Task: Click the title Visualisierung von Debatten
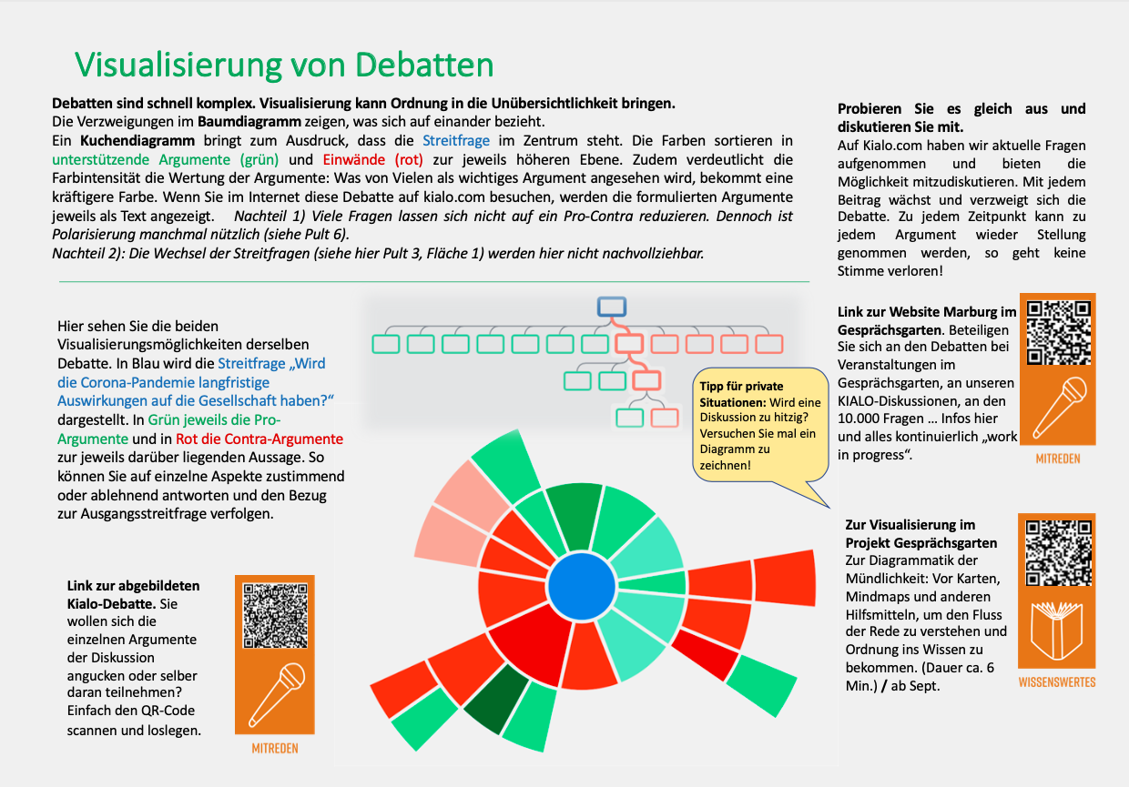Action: pos(284,65)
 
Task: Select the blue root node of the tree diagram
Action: pos(611,307)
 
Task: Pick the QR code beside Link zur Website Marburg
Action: pos(1059,333)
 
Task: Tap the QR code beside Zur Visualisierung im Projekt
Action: pos(1058,552)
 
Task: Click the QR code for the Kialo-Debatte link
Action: pos(274,615)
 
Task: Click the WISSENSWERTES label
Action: pos(1056,681)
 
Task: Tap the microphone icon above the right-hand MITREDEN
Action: pos(1059,407)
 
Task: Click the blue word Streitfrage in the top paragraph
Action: pos(456,141)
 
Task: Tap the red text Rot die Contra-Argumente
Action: pos(259,439)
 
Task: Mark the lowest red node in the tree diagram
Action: pos(665,418)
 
